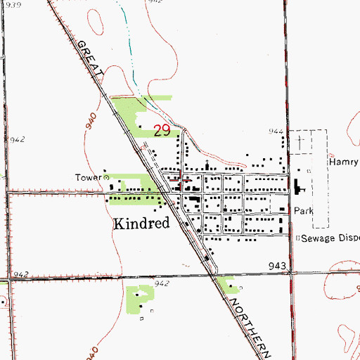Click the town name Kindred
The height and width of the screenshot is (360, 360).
pyautogui.click(x=141, y=224)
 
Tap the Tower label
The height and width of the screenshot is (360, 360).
pyautogui.click(x=89, y=177)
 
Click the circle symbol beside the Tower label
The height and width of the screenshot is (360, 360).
pyautogui.click(x=107, y=178)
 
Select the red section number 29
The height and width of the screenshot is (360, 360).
pyautogui.click(x=162, y=130)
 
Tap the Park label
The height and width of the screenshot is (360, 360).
pyautogui.click(x=303, y=210)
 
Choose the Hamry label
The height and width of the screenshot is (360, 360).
pyautogui.click(x=343, y=162)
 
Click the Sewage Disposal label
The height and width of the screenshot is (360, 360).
pyautogui.click(x=331, y=238)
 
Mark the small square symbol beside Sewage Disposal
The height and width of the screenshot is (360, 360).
pyautogui.click(x=297, y=238)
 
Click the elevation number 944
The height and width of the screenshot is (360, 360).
pyautogui.click(x=276, y=131)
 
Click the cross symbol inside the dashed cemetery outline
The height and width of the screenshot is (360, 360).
pyautogui.click(x=301, y=143)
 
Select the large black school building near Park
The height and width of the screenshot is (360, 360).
pyautogui.click(x=297, y=188)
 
